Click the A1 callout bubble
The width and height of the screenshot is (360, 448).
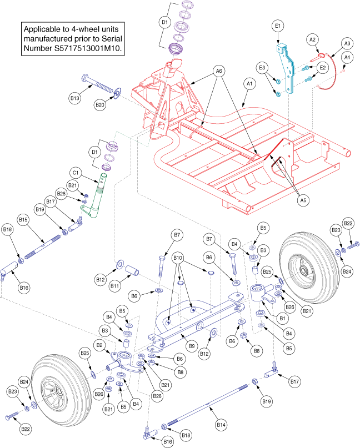coord(249,83)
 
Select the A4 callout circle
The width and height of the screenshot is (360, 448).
coord(347,57)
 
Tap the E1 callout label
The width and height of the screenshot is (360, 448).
coord(278,26)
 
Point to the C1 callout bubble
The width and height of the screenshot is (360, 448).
coord(74,172)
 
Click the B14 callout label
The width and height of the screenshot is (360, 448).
coord(222,425)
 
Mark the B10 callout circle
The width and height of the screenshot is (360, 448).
coord(178,258)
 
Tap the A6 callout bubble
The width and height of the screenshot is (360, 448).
coord(219,71)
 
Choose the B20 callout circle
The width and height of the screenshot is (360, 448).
coord(100,104)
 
